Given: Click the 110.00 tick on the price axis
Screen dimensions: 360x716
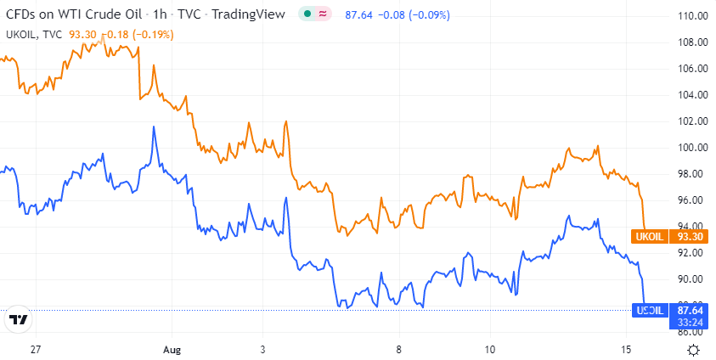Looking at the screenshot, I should (x=693, y=16).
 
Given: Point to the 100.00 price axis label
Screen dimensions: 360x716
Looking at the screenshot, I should (x=693, y=148).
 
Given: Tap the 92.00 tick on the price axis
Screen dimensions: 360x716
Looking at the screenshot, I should (x=693, y=253).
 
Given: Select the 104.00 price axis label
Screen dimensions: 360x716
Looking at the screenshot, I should (x=693, y=95).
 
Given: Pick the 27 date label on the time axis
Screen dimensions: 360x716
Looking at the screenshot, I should (x=35, y=350).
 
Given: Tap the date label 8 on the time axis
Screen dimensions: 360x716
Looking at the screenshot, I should (x=397, y=350).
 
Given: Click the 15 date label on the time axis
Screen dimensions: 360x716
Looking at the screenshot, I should (x=627, y=350).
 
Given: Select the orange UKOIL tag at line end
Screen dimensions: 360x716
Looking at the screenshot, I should (x=648, y=236).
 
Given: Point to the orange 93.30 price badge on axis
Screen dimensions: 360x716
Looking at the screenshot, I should (x=689, y=236).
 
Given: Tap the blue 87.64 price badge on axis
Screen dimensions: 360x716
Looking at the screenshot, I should (x=689, y=311).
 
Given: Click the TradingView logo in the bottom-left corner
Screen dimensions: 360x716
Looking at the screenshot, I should (x=18, y=320).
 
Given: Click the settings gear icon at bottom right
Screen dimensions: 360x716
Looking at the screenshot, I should (x=693, y=350).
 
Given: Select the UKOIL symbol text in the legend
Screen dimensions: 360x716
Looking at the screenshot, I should (x=23, y=35).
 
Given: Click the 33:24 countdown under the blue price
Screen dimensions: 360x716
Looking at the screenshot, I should (x=689, y=323).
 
